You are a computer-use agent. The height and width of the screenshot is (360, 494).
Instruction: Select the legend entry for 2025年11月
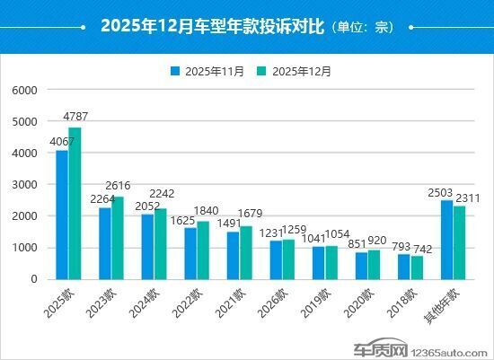(207, 71)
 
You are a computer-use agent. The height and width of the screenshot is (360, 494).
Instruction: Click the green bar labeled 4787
(75, 203)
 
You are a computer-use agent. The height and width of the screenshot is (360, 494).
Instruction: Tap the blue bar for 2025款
(62, 215)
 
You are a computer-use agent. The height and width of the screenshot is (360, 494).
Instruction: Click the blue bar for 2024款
(147, 246)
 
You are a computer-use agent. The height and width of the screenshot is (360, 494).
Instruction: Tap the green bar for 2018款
(417, 267)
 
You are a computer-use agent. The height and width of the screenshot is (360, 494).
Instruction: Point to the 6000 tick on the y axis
(24, 91)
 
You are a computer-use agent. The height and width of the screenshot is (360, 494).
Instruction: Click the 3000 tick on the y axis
(24, 185)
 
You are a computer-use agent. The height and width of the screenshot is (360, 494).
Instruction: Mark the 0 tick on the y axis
(32, 279)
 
